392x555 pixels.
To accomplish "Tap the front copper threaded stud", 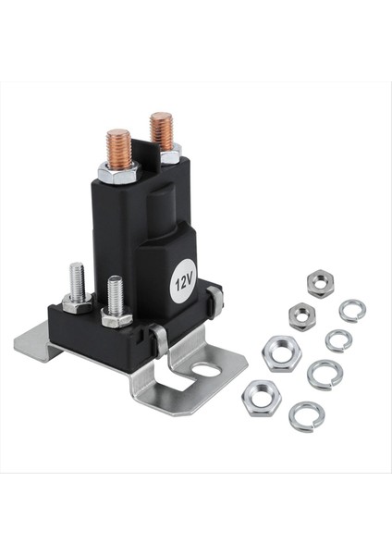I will (x=118, y=149).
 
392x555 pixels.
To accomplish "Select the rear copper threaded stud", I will (x=162, y=131).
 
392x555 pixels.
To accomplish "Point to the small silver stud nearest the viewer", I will (x=116, y=296).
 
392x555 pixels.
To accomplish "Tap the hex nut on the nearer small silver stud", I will (x=116, y=318).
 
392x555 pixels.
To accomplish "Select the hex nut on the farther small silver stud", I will (x=77, y=302).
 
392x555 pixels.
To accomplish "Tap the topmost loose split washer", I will (x=351, y=310).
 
